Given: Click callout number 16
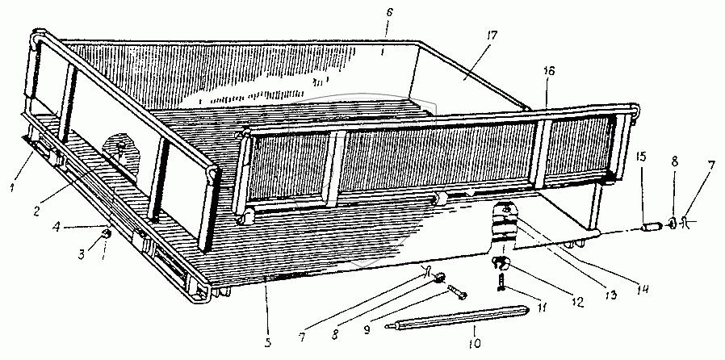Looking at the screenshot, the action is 548,71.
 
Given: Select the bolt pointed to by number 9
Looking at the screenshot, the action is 457,292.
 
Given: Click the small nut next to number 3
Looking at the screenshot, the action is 107,233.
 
